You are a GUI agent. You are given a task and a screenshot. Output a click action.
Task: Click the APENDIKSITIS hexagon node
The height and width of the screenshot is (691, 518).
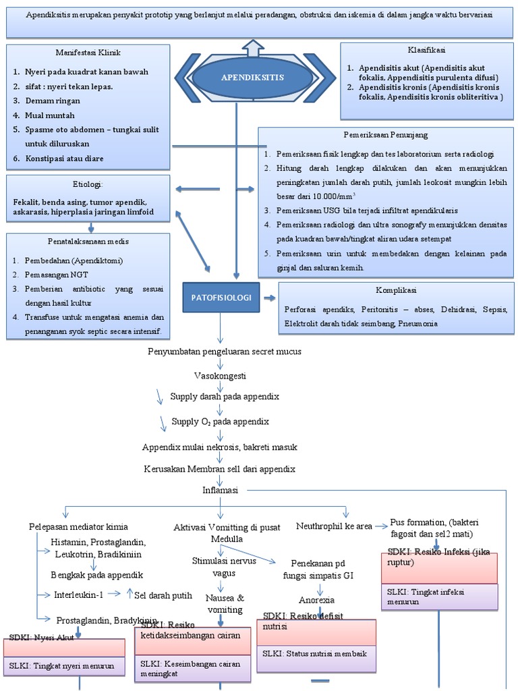pos(253,78)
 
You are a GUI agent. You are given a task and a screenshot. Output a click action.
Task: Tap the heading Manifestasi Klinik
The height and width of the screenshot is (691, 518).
pos(88,52)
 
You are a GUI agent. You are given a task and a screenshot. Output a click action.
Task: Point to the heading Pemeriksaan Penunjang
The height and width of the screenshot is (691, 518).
pos(385,135)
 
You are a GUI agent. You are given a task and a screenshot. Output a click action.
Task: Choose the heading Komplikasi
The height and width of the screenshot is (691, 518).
pos(396,290)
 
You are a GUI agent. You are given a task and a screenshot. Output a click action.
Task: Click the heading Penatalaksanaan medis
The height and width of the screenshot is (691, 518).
pos(88,241)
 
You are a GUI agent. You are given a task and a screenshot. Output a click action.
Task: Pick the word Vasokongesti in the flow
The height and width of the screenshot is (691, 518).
pos(221,375)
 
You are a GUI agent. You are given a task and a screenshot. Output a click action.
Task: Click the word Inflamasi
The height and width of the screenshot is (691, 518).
pos(221,491)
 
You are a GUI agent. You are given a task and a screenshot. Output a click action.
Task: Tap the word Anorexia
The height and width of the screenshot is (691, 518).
pos(316,599)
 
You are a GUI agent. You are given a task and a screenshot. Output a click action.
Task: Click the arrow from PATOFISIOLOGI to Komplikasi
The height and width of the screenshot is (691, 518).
pos(269,298)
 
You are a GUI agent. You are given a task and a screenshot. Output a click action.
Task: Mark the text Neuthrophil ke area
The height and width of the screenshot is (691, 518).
pos(334,526)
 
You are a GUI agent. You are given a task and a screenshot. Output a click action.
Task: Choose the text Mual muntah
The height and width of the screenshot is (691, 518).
pos(50,115)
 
